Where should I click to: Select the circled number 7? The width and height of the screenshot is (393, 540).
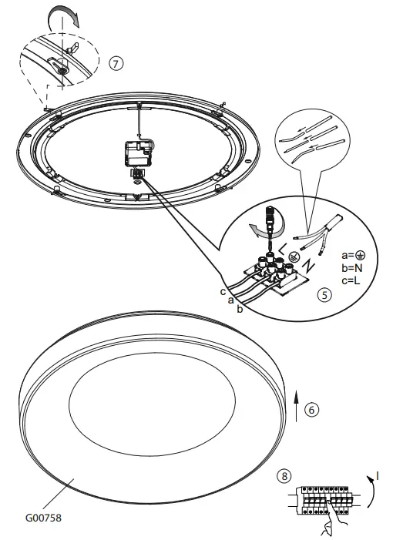coord(116,63)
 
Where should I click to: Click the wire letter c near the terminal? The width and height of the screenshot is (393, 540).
coord(223,291)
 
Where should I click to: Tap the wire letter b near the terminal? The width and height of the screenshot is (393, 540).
coord(240,309)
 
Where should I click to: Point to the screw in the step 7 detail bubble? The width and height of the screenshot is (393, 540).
coord(59,69)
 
